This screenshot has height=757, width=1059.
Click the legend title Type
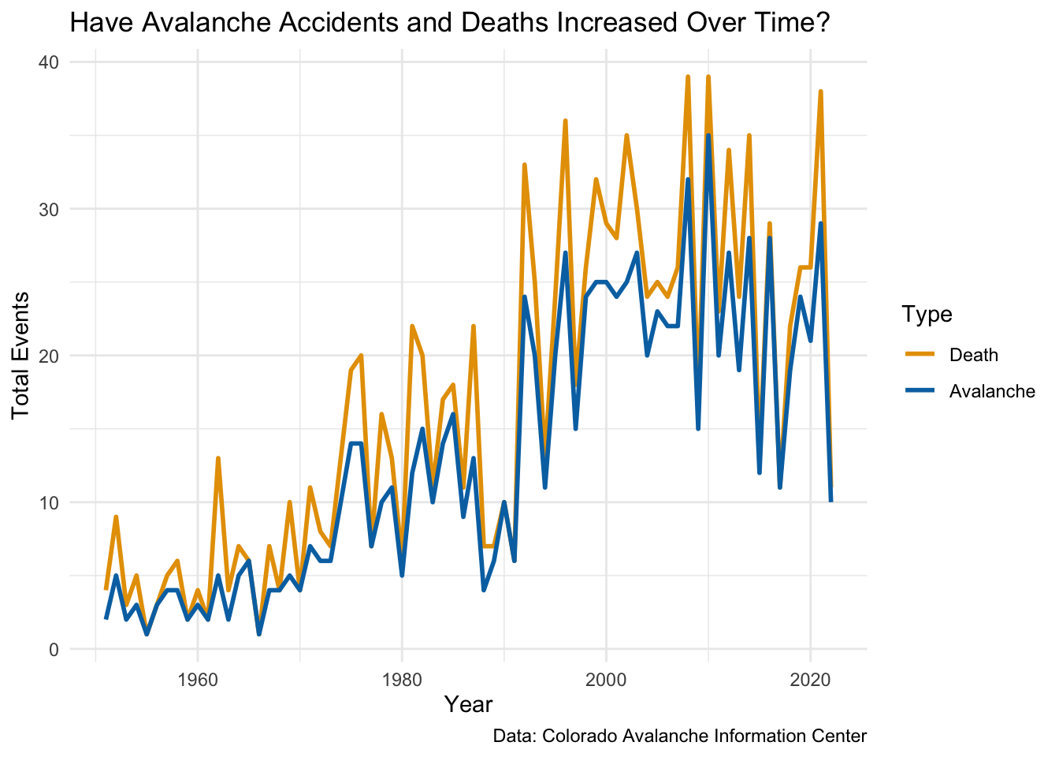point(927,315)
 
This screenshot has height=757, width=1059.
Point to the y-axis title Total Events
point(21,355)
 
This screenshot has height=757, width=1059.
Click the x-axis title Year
point(468,704)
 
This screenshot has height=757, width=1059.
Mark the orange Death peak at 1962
point(218,458)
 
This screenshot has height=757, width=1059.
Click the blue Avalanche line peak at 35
point(708,136)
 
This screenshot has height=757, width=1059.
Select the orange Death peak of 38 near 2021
point(820,91)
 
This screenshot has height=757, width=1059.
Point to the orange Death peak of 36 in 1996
point(565,121)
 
